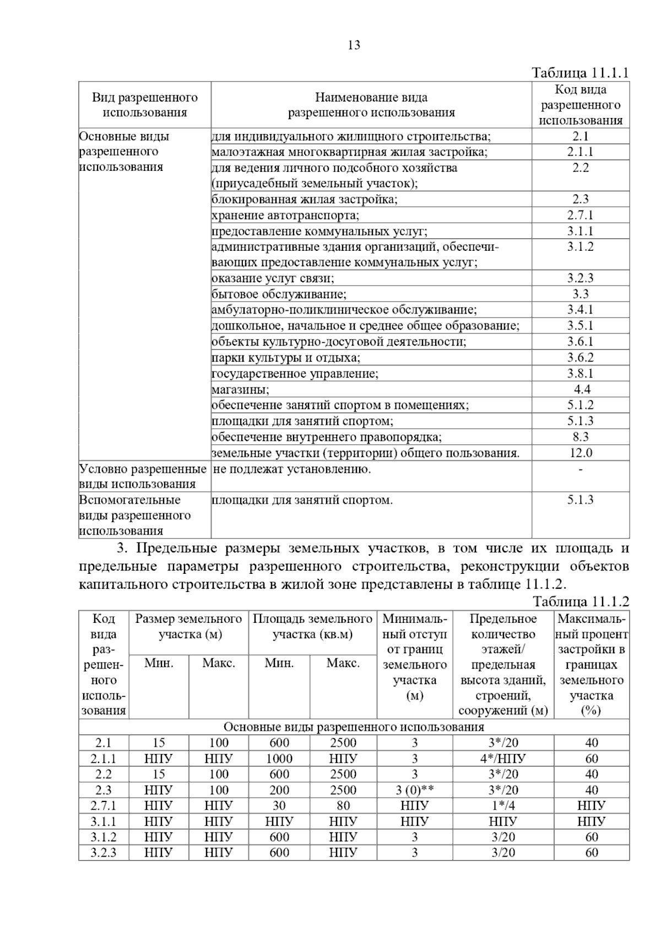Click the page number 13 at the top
[x=354, y=45]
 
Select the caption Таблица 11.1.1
[x=580, y=73]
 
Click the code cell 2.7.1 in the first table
[x=580, y=215]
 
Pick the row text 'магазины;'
[x=240, y=390]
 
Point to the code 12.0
[x=580, y=453]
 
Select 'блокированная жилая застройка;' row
[x=304, y=200]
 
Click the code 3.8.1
[x=580, y=374]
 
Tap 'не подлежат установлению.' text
[x=291, y=470]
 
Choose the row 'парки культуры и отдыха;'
[x=286, y=358]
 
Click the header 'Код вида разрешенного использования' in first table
[x=580, y=105]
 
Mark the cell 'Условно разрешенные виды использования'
[x=143, y=476]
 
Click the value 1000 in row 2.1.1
[x=279, y=759]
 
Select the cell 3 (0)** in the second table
[x=415, y=790]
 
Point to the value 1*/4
[x=503, y=805]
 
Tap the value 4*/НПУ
[x=503, y=759]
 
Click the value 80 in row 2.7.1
[x=343, y=805]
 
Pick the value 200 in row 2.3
[x=279, y=790]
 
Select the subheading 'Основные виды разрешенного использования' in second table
[x=354, y=727]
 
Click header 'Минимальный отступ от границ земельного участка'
[x=415, y=657]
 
